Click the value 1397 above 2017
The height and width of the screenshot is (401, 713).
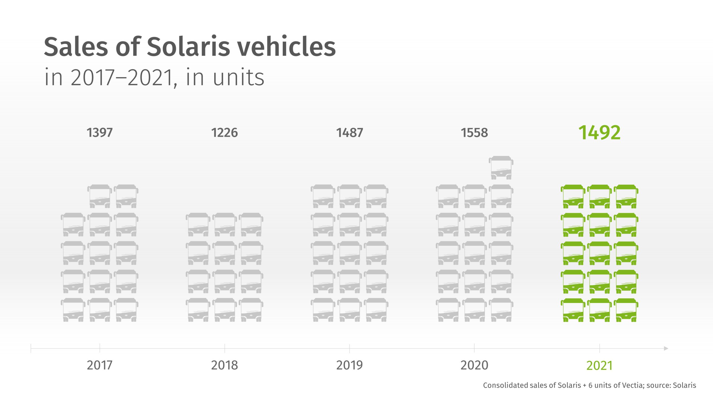click(x=99, y=133)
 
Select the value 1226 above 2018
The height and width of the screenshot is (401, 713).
click(x=224, y=133)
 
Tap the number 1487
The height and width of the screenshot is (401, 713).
click(x=350, y=133)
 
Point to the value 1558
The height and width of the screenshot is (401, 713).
click(x=474, y=133)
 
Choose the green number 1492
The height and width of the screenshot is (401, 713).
click(x=599, y=133)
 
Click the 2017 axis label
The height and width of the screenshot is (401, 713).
click(x=99, y=365)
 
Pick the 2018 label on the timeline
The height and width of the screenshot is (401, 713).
click(x=224, y=365)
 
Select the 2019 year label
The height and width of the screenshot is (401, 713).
click(x=350, y=365)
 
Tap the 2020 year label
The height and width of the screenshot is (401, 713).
click(x=474, y=365)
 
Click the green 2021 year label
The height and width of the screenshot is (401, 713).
click(x=599, y=366)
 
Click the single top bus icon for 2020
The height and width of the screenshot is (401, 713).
click(x=501, y=168)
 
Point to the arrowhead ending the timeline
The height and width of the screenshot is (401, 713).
click(x=666, y=348)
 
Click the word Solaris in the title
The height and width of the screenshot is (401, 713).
click(x=189, y=47)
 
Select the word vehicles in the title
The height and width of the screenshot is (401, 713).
click(x=287, y=47)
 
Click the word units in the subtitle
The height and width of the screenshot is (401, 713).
click(x=238, y=77)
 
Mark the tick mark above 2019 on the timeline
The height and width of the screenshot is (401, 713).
click(x=350, y=348)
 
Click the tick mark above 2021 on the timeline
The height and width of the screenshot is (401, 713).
click(x=600, y=348)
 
